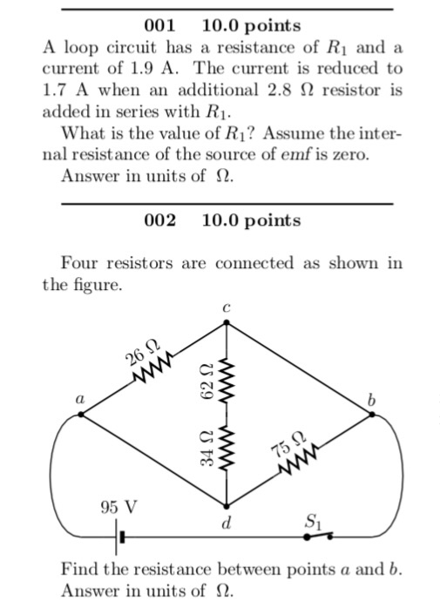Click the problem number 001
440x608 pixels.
pyautogui.click(x=159, y=25)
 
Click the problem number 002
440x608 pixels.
pyautogui.click(x=159, y=220)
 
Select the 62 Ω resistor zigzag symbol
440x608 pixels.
pyautogui.click(x=227, y=380)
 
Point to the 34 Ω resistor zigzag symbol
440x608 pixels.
pyautogui.click(x=227, y=447)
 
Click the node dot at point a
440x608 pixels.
pyautogui.click(x=81, y=415)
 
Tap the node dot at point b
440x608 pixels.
pyautogui.click(x=372, y=415)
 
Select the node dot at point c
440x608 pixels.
pyautogui.click(x=227, y=322)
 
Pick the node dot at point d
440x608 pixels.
pyautogui.click(x=227, y=506)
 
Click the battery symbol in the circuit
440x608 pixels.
pyautogui.click(x=119, y=537)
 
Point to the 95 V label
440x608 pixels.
pyautogui.click(x=118, y=507)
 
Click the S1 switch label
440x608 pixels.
pyautogui.click(x=313, y=522)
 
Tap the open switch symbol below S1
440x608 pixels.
pyautogui.click(x=318, y=536)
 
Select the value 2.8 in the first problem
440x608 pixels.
pyautogui.click(x=280, y=90)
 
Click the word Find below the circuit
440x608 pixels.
pyautogui.click(x=79, y=569)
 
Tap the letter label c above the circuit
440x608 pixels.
pyautogui.click(x=227, y=308)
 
